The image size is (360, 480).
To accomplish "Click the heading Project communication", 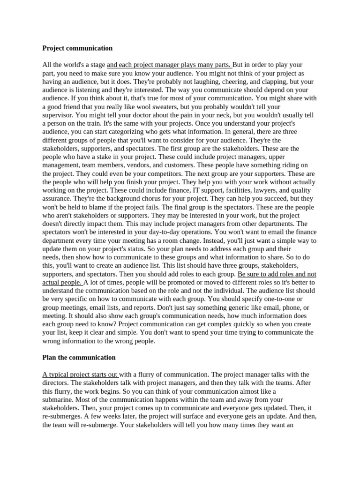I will [x=77, y=48].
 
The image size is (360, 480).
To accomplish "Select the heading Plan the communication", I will [x=79, y=357].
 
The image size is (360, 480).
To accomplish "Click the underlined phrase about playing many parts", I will [x=169, y=65].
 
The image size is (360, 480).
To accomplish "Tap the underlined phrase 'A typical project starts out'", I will [x=81, y=374].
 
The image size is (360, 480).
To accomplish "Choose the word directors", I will [x=56, y=382].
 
